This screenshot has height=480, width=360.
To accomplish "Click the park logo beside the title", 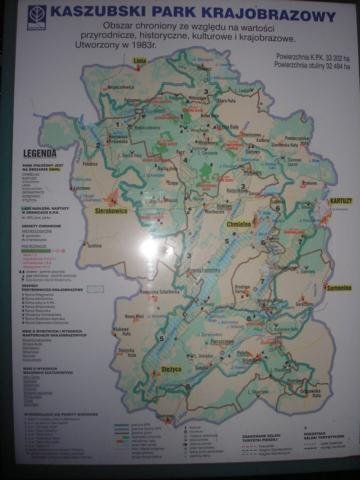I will (x=38, y=16).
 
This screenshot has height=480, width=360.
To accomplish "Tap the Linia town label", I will (x=139, y=89).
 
